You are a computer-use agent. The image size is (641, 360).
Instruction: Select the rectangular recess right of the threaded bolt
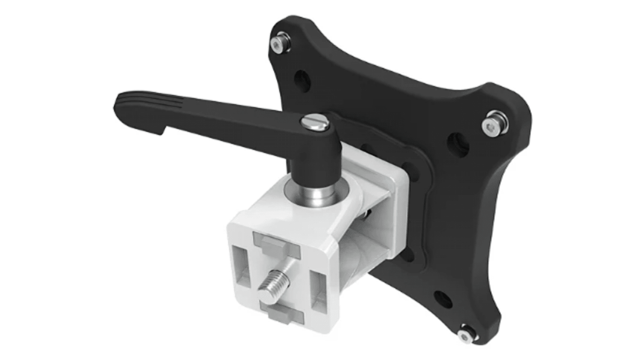(317, 284)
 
